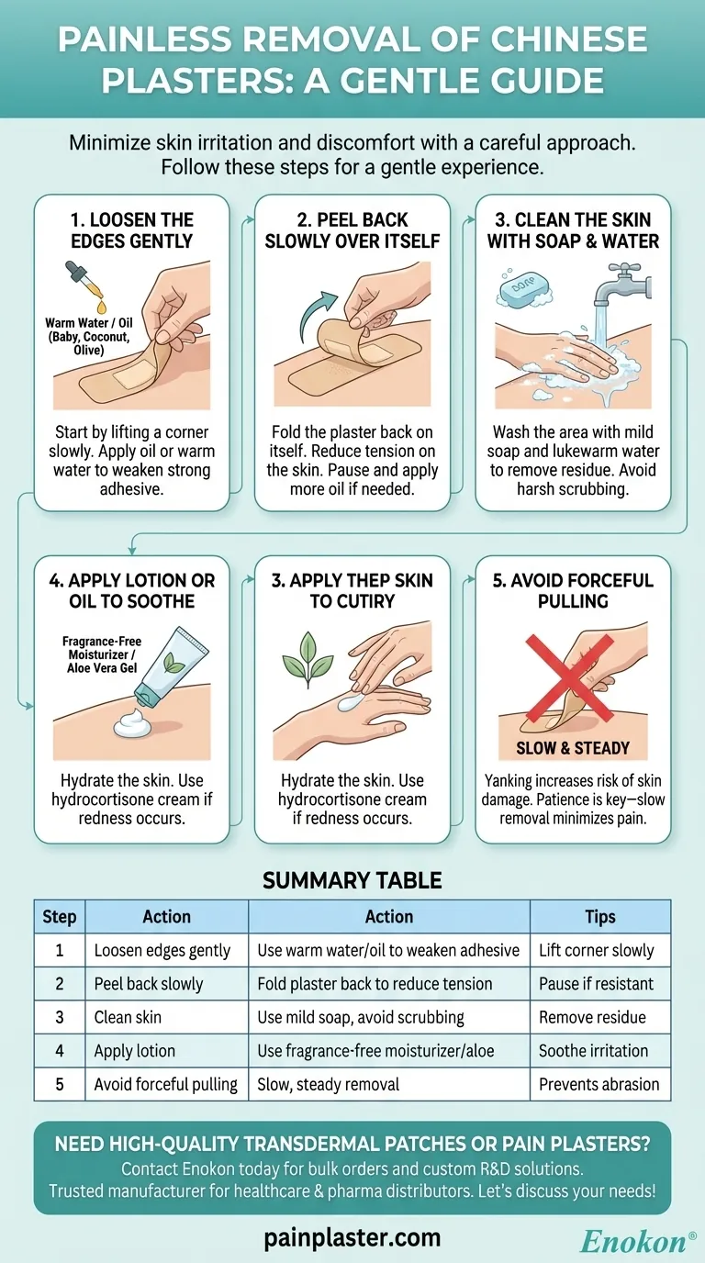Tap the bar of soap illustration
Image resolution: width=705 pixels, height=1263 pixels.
[524, 287]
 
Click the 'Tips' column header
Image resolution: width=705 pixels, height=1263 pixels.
[600, 917]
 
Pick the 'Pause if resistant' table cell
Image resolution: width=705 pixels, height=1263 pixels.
[596, 984]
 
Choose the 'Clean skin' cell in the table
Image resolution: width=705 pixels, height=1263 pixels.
[128, 1017]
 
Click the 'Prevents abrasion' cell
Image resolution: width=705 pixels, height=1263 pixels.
[599, 1084]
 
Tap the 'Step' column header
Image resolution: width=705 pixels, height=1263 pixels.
[60, 917]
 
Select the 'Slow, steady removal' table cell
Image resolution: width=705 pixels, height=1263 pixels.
[329, 1084]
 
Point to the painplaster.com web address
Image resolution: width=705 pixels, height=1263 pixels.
[352, 1238]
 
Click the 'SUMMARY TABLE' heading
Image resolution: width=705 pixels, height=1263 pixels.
[352, 880]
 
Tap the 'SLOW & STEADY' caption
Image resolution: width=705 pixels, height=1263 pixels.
[573, 748]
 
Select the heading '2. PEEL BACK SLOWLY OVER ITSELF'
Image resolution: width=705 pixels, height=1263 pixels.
[352, 230]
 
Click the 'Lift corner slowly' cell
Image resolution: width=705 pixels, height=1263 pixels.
[596, 950]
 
